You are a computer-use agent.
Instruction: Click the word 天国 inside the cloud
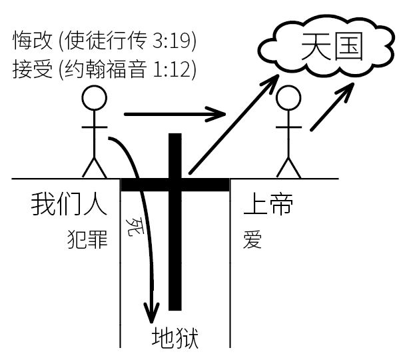coord(331,47)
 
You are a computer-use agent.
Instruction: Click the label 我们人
coord(69,205)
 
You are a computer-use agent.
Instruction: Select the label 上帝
coord(268,205)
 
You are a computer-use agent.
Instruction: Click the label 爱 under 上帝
coord(252,238)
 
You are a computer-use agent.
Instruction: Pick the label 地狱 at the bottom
coord(175,335)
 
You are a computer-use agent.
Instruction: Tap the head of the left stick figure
coord(94,98)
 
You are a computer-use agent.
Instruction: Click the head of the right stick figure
coord(288,98)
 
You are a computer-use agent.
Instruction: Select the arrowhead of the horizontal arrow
coord(216,114)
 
